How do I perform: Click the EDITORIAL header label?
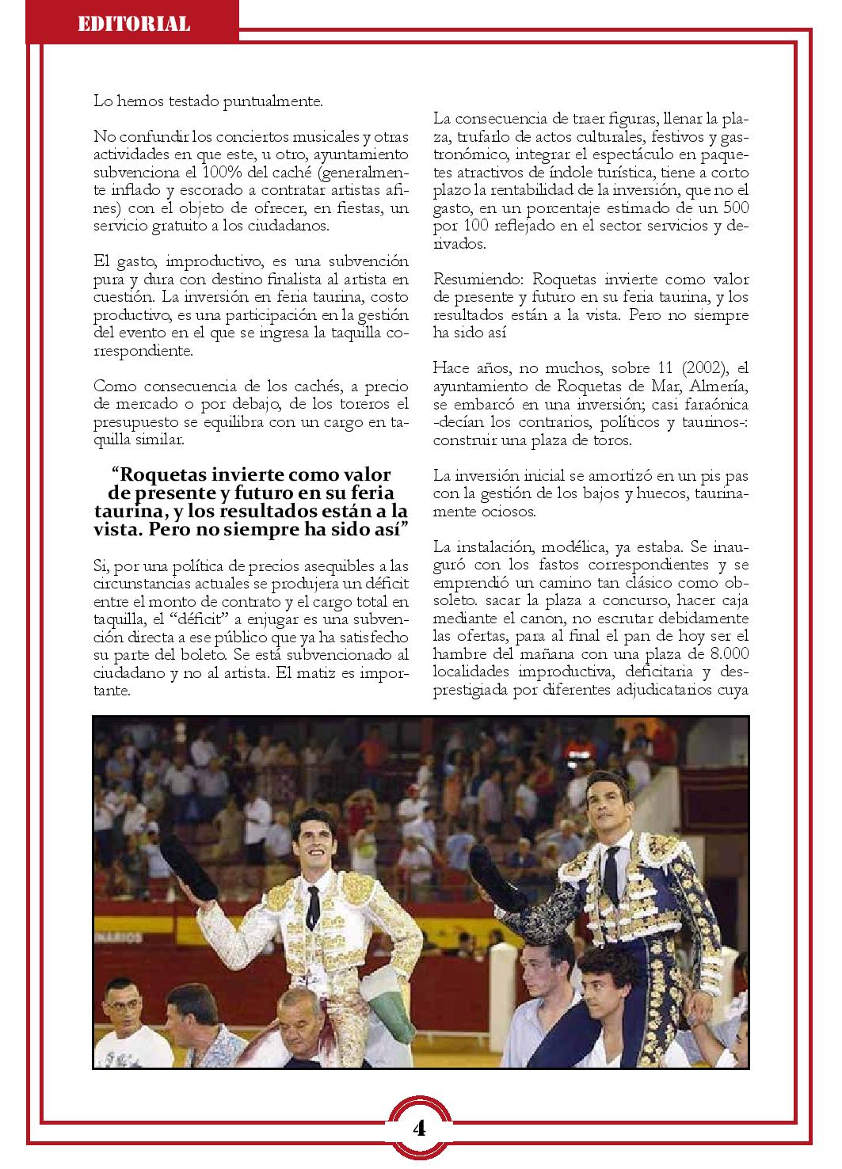133,24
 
